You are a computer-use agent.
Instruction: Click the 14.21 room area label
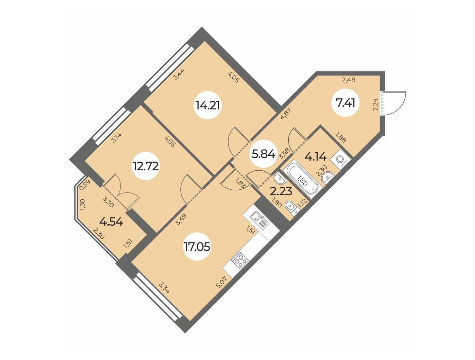208,106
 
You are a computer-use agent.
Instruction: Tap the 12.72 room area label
146,166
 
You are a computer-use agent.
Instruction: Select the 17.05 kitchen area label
197,246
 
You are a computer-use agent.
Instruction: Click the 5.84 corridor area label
263,155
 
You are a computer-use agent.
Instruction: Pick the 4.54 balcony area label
111,222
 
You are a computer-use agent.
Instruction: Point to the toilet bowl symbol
293,208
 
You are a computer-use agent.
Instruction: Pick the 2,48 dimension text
349,80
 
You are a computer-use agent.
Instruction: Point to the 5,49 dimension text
181,219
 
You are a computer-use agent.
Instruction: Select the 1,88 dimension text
341,137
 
